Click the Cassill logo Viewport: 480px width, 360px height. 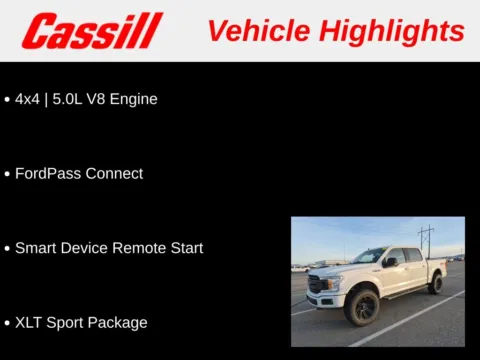(x=92, y=31)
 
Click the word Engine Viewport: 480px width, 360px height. (x=135, y=99)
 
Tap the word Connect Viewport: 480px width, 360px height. (x=114, y=173)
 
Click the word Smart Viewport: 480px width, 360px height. (x=36, y=248)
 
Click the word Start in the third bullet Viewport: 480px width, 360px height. (x=185, y=248)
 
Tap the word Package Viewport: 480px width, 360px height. (x=119, y=322)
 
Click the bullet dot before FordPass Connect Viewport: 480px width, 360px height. (x=7, y=174)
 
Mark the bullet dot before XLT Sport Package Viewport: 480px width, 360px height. (x=7, y=323)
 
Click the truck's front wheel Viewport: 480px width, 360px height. (x=363, y=308)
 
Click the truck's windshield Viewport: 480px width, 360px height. (x=369, y=257)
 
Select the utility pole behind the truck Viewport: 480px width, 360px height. (x=426, y=240)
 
